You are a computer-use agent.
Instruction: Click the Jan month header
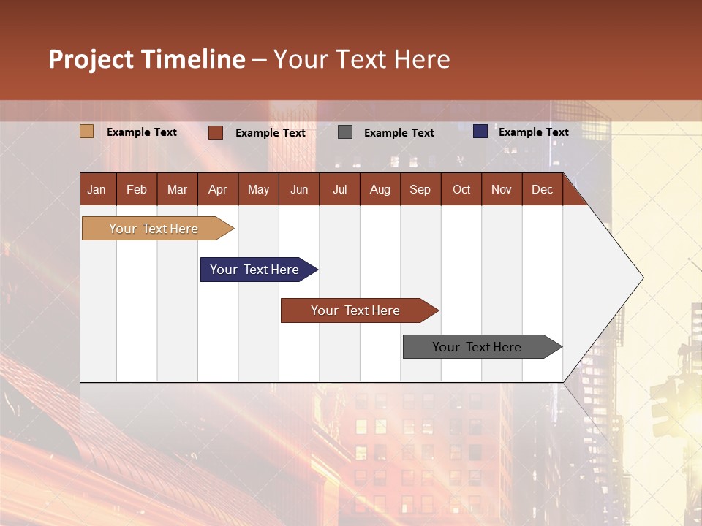pyautogui.click(x=97, y=189)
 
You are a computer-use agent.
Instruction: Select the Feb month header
pyautogui.click(x=137, y=189)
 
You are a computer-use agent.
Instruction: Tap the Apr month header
pyautogui.click(x=218, y=189)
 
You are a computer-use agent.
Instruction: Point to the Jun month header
pyautogui.click(x=299, y=189)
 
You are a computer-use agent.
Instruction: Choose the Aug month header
pyautogui.click(x=380, y=189)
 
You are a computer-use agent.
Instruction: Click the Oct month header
pyautogui.click(x=461, y=189)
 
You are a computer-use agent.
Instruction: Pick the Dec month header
pyautogui.click(x=543, y=189)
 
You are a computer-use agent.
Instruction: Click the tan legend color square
pyautogui.click(x=87, y=131)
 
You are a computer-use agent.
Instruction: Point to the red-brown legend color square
pyautogui.click(x=216, y=132)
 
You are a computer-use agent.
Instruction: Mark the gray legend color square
pyautogui.click(x=345, y=132)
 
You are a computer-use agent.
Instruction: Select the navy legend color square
pyautogui.click(x=480, y=131)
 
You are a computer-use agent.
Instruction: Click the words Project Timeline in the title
pyautogui.click(x=147, y=59)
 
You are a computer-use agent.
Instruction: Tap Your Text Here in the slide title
pyautogui.click(x=362, y=59)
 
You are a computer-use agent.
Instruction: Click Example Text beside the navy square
pyautogui.click(x=534, y=132)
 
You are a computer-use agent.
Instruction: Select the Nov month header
pyautogui.click(x=502, y=189)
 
